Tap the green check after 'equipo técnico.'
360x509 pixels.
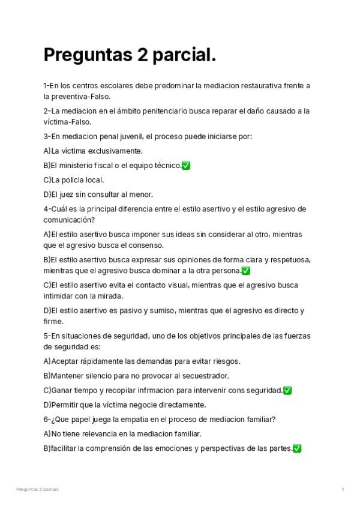tap(186, 166)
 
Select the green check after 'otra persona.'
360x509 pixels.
tap(246, 271)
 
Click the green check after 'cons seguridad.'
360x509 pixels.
tap(287, 390)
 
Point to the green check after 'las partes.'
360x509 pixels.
tap(297, 448)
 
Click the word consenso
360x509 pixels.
tap(146, 245)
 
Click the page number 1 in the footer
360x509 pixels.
tap(343, 490)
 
